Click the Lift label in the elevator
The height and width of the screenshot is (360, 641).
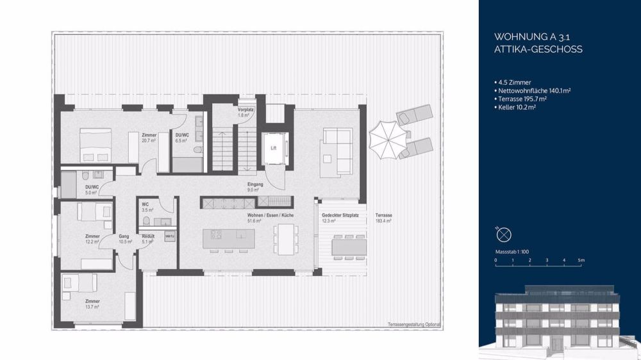point(273,148)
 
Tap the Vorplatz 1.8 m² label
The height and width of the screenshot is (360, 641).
point(245,112)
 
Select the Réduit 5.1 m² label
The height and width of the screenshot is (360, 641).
point(148,239)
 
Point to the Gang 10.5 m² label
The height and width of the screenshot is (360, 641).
point(125,239)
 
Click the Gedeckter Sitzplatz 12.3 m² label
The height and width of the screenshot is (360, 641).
point(336,218)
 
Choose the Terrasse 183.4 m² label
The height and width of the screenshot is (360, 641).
point(383,218)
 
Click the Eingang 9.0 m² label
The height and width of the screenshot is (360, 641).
point(254,187)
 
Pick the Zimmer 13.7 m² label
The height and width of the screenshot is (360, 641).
point(92,304)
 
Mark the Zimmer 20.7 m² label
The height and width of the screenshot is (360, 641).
point(149,138)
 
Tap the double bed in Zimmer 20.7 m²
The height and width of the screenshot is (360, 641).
point(95,143)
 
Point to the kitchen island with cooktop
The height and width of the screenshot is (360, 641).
point(228,238)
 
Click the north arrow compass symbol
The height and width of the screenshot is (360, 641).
point(504,234)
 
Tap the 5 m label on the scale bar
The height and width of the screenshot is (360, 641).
point(581,261)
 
